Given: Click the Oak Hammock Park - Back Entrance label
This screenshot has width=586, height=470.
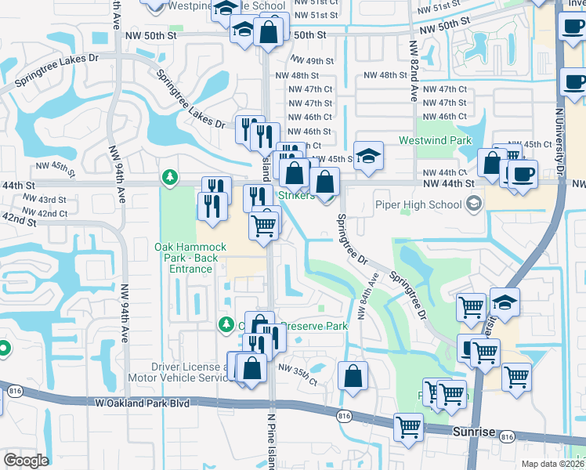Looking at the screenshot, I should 190,258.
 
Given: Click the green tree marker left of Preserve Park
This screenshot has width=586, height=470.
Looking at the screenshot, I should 226,324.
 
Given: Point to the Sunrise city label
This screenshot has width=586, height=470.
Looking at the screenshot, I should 474,432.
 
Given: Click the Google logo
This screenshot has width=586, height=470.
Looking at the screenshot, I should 26,460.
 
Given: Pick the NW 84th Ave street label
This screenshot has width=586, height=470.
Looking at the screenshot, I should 366,295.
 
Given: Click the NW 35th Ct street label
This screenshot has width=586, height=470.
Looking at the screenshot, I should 297,374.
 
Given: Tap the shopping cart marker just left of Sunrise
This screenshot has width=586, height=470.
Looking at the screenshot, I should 409,427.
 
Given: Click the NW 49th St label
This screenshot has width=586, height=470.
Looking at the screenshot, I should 312,61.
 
